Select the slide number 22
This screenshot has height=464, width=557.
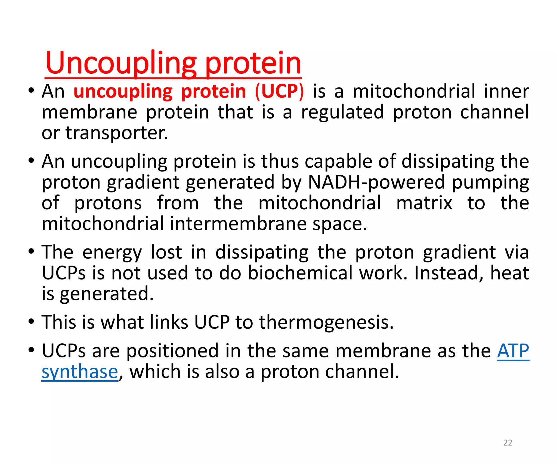pyautogui.click(x=508, y=443)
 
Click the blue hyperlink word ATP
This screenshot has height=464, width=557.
pyautogui.click(x=513, y=351)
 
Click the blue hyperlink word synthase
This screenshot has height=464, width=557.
pyautogui.click(x=80, y=372)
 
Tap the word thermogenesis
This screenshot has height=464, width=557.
pyautogui.click(x=326, y=322)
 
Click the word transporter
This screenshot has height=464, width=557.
pyautogui.click(x=117, y=133)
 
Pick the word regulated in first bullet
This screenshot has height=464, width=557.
pyautogui.click(x=343, y=112)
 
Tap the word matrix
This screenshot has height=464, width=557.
pyautogui.click(x=424, y=203)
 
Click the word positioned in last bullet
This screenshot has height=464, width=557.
pyautogui.click(x=172, y=351)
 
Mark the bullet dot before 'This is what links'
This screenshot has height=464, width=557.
pyautogui.click(x=31, y=322)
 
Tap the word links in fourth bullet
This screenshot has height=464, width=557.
pyautogui.click(x=169, y=322)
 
